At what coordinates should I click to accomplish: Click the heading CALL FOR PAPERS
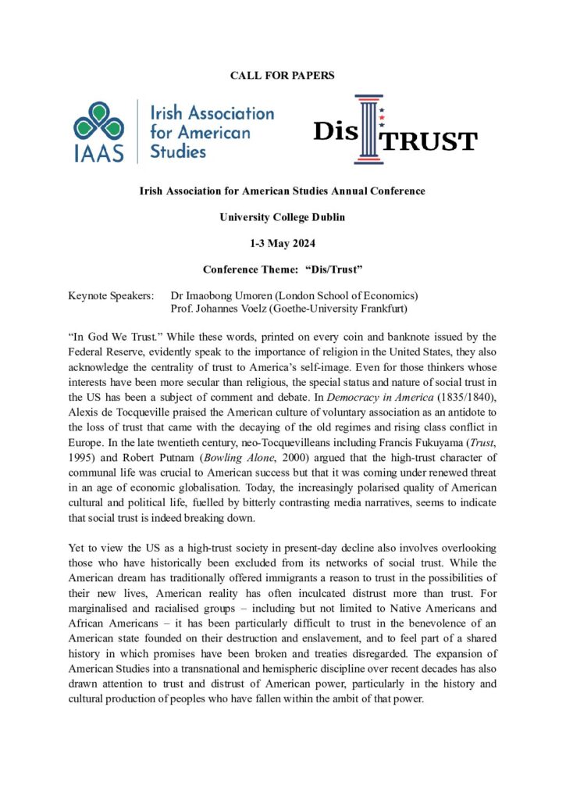[283, 75]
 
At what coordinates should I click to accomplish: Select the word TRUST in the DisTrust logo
[433, 141]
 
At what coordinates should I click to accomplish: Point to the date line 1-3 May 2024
[282, 241]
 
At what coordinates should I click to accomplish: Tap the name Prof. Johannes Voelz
[226, 309]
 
